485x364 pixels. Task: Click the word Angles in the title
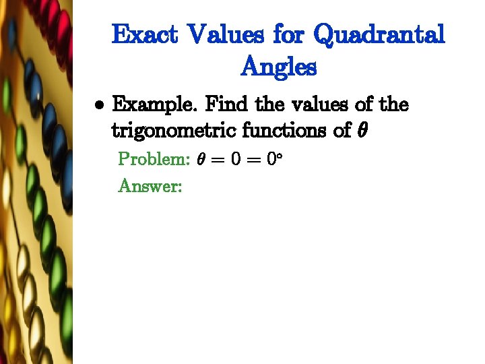pos(278,67)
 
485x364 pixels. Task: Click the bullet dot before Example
pos(98,106)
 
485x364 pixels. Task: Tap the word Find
pos(225,105)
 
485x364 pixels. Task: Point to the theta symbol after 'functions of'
pos(361,131)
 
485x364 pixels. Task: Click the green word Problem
pos(154,159)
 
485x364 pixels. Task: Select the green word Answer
pos(150,185)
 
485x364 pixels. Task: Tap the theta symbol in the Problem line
pos(201,160)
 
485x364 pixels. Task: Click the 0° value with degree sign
pos(272,160)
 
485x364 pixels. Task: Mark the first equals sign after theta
pos(218,160)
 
